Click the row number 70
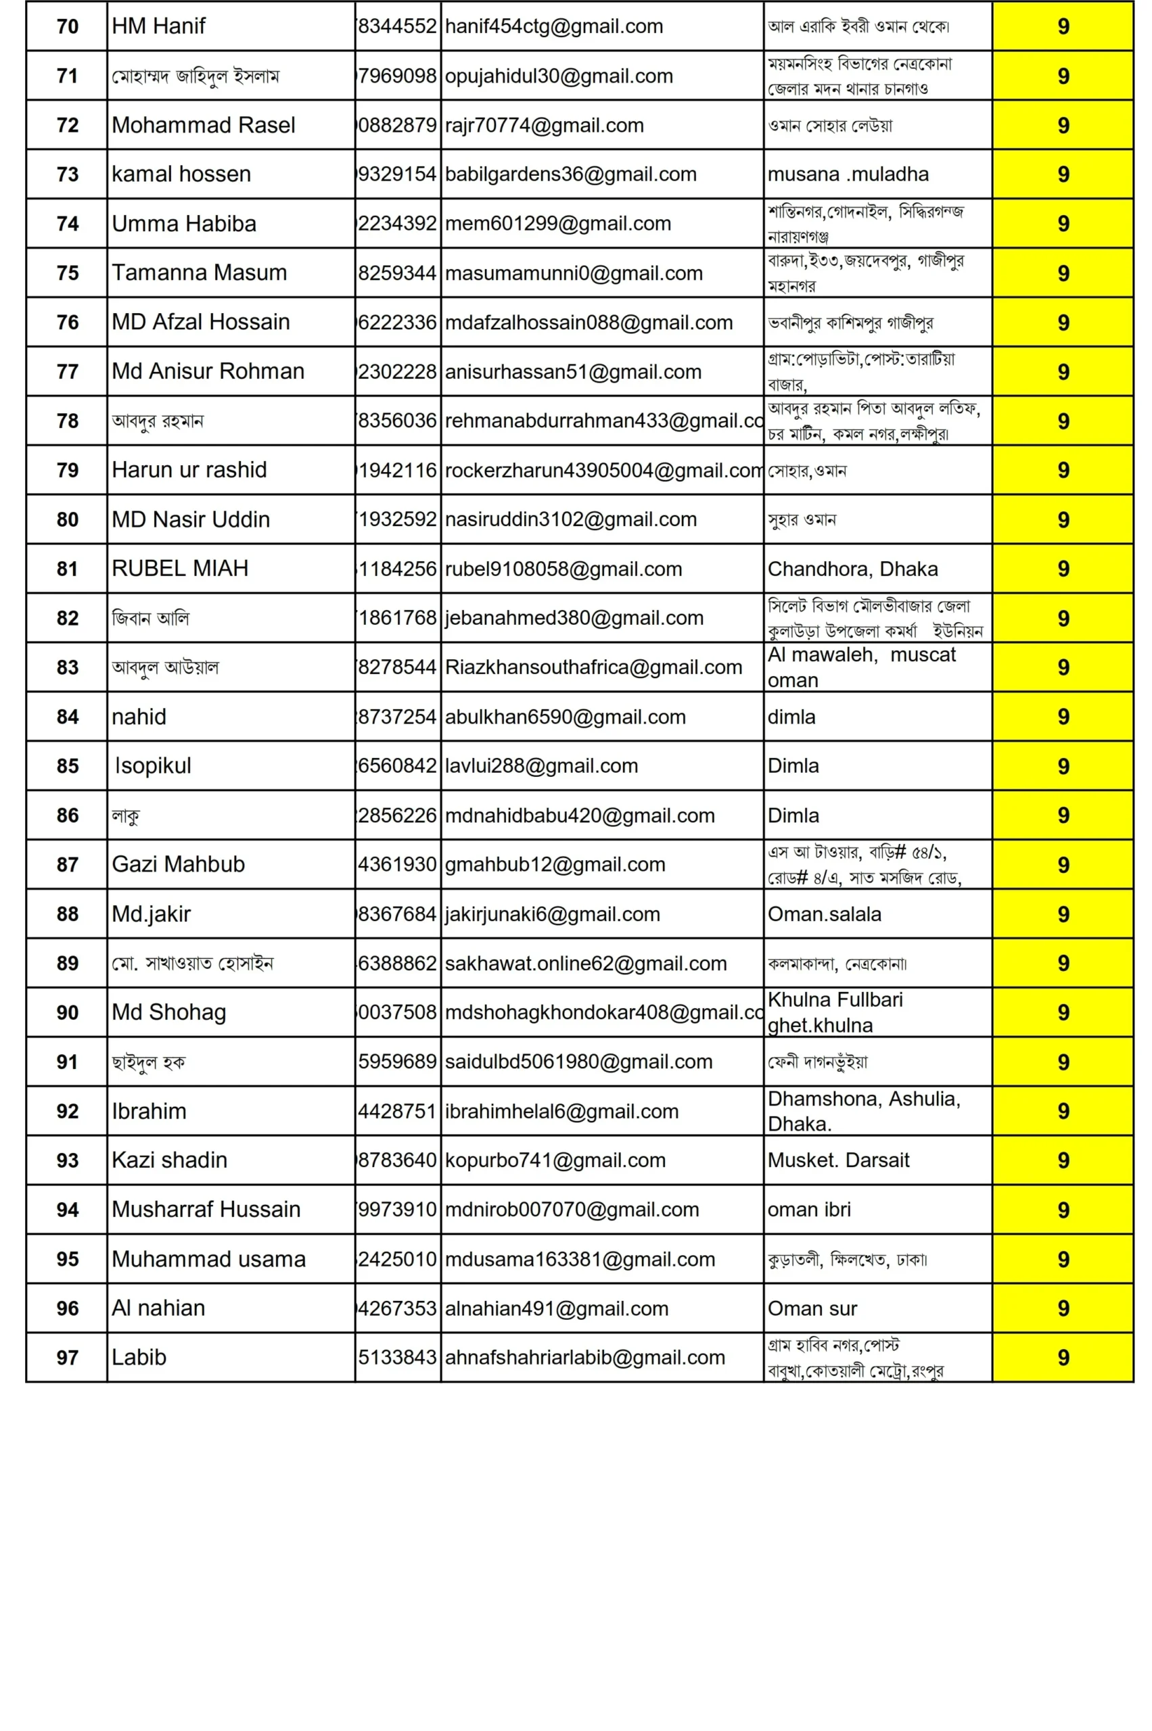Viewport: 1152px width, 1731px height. click(67, 26)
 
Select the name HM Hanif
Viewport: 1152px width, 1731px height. click(159, 26)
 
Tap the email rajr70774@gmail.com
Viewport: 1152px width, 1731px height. click(545, 126)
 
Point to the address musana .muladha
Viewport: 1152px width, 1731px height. click(848, 174)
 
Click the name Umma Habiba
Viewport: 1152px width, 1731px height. click(184, 223)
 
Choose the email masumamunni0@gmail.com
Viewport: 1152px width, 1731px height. click(574, 273)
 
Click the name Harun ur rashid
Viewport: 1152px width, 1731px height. click(189, 470)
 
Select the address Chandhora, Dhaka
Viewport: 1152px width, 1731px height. click(852, 569)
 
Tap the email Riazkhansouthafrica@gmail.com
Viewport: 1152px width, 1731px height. click(594, 667)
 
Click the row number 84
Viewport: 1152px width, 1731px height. click(67, 717)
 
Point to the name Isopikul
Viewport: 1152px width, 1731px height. click(153, 766)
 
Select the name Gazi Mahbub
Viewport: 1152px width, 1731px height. click(178, 864)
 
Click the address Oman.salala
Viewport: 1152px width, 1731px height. click(825, 914)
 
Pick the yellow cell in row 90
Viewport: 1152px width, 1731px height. click(1062, 1013)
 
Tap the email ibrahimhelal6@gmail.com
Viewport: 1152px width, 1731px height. click(562, 1111)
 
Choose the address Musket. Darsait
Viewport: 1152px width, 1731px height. click(838, 1160)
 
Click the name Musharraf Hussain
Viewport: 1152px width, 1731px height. click(206, 1210)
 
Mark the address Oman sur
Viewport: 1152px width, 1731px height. click(812, 1308)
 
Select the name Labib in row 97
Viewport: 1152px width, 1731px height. click(139, 1358)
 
